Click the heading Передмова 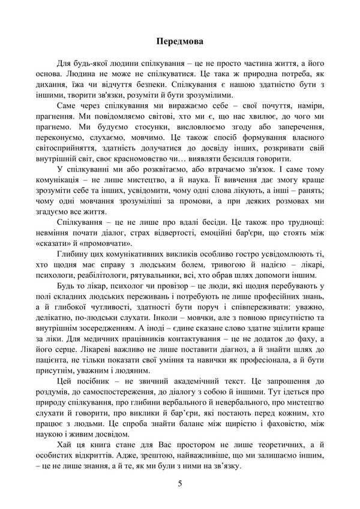[x=179, y=41]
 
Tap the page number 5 [x=180, y=483]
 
